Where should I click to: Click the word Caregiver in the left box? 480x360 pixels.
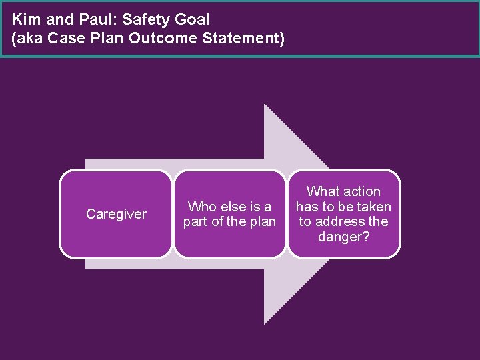click(x=116, y=214)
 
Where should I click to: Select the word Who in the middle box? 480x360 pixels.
click(x=202, y=207)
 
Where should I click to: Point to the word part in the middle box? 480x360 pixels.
click(x=196, y=221)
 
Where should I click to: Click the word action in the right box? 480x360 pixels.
click(x=363, y=192)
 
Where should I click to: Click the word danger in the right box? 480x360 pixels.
click(x=340, y=236)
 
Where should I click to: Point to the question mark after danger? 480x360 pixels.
click(x=365, y=236)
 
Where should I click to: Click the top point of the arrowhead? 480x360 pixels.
click(x=265, y=105)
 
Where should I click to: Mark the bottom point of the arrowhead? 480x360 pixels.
click(x=265, y=324)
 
